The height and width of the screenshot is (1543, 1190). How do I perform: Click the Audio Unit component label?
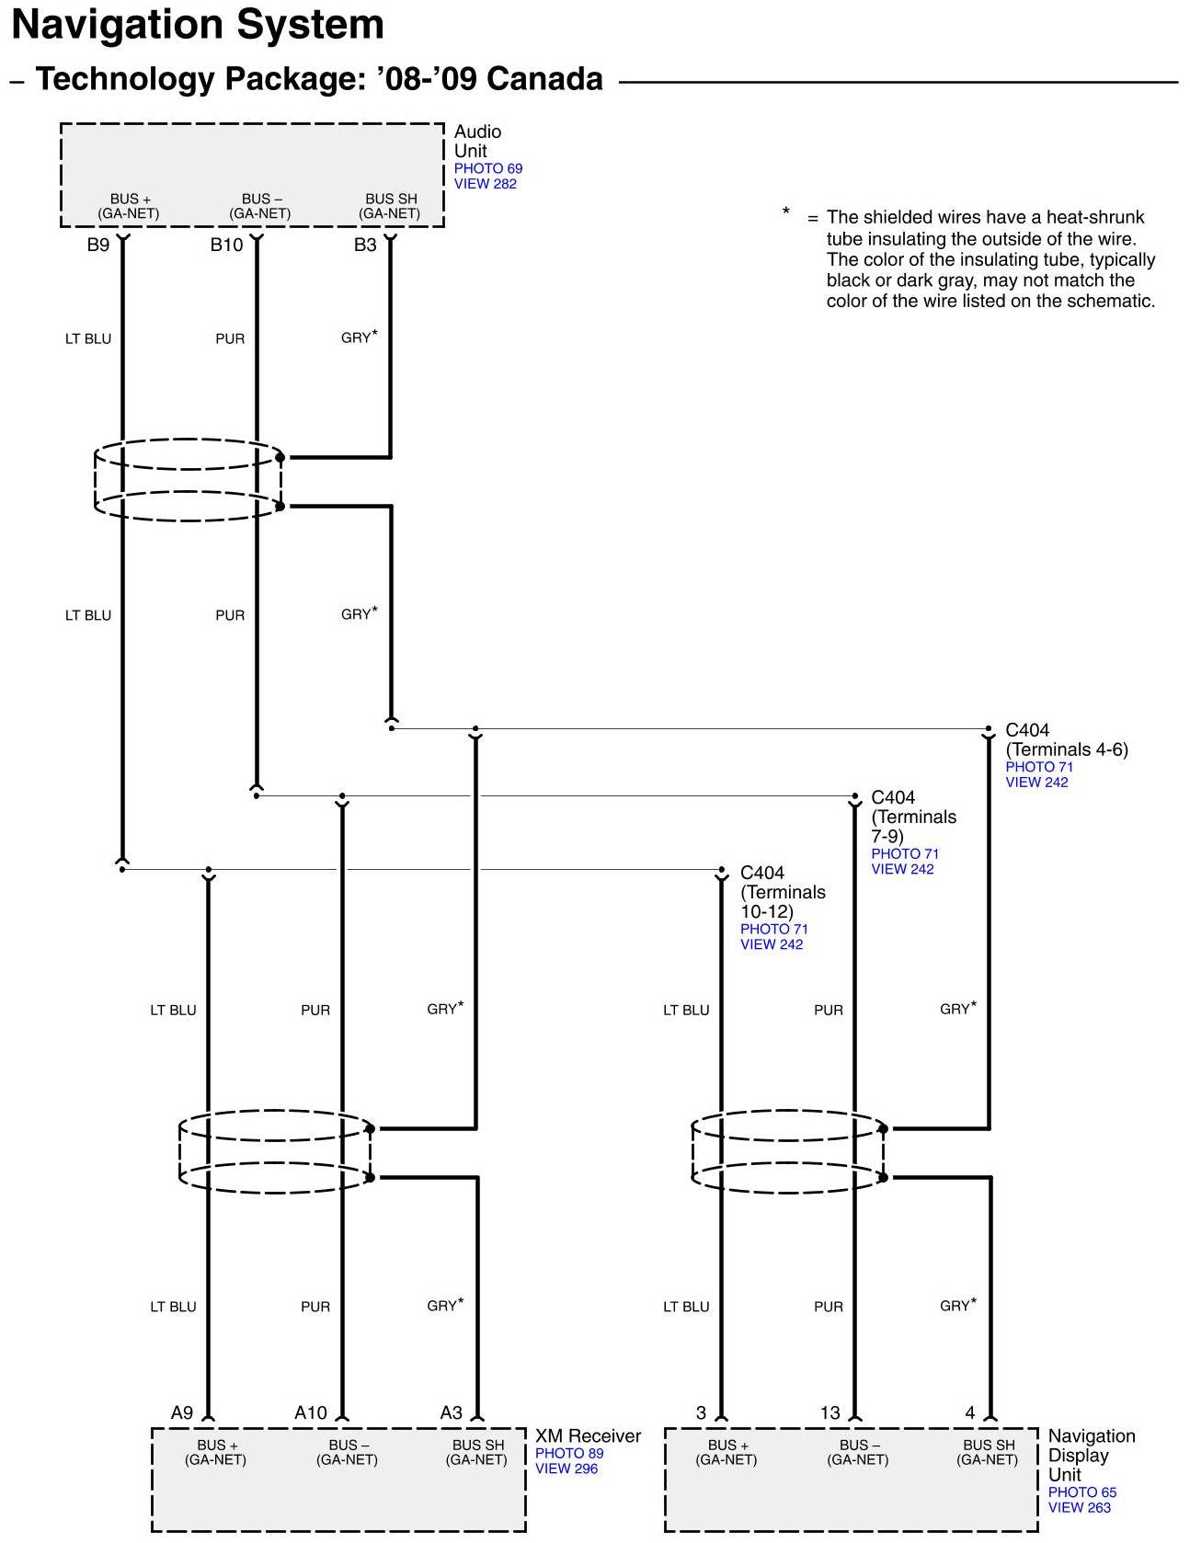click(476, 141)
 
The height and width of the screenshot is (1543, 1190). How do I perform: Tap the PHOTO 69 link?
click(487, 168)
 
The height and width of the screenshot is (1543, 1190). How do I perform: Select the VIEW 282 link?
click(485, 184)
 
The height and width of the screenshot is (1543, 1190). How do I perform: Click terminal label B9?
click(97, 245)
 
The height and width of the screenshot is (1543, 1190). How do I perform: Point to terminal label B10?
click(226, 245)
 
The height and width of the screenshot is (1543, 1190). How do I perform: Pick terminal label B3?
click(365, 245)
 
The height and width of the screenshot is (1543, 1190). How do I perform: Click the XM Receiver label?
click(588, 1435)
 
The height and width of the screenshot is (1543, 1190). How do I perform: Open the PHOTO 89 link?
click(569, 1453)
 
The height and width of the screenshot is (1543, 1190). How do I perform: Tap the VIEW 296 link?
click(566, 1469)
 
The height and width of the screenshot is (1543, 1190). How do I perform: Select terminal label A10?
click(310, 1412)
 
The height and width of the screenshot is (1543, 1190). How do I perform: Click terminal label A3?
click(451, 1412)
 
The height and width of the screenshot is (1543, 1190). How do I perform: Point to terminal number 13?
click(830, 1412)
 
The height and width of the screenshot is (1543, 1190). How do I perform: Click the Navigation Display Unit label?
click(1091, 1455)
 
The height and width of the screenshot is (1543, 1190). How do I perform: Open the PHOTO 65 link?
click(1081, 1492)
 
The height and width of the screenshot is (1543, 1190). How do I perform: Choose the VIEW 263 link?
click(1079, 1507)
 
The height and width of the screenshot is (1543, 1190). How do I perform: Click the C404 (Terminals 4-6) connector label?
click(1066, 739)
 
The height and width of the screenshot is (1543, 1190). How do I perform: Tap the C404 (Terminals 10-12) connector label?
click(783, 892)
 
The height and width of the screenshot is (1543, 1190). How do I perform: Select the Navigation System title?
click(198, 25)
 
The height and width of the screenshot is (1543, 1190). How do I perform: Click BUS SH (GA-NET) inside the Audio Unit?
click(390, 206)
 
